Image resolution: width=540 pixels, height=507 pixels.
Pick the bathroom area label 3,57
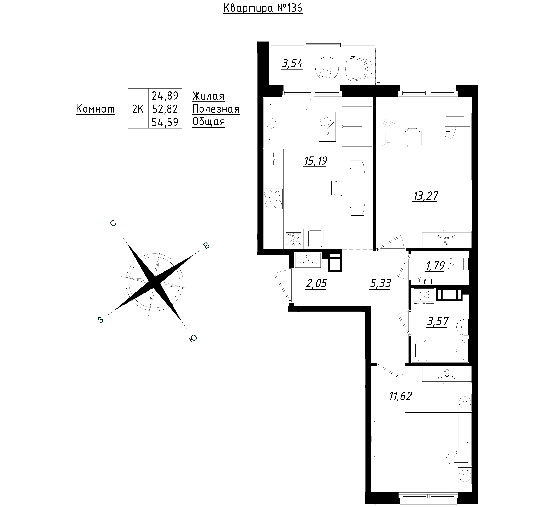pyautogui.click(x=438, y=322)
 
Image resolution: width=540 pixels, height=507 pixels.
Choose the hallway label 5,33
pyautogui.click(x=380, y=284)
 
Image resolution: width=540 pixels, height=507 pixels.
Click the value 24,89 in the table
pyautogui.click(x=165, y=96)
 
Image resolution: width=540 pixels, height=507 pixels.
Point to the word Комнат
pyautogui.click(x=95, y=109)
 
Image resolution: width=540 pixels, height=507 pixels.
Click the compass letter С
pyautogui.click(x=113, y=223)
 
